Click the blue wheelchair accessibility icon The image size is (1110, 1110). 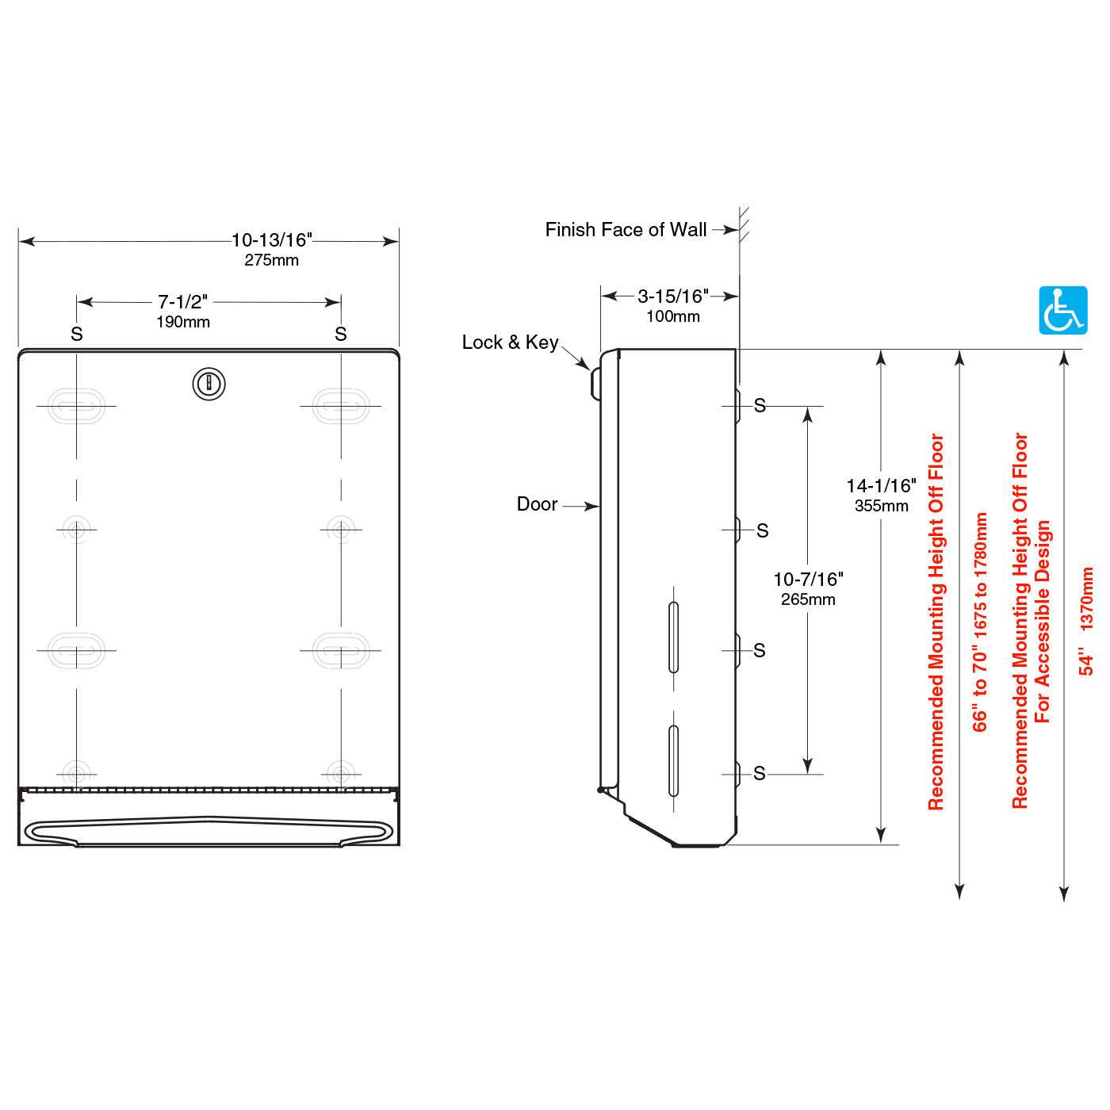[1062, 310]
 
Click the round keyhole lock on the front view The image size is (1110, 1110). [209, 385]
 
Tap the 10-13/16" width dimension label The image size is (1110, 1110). [271, 239]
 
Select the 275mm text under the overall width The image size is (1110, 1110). [271, 260]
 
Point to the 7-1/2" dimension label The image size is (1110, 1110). [182, 302]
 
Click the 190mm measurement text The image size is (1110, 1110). [182, 322]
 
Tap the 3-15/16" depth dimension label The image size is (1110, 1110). [672, 297]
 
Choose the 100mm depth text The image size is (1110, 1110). [672, 316]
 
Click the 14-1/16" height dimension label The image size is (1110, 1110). [881, 486]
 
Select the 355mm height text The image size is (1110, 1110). [881, 506]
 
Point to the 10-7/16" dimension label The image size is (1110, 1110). [808, 580]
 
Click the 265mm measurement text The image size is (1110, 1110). [808, 599]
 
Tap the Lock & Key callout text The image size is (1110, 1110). [510, 343]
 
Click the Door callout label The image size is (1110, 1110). [537, 504]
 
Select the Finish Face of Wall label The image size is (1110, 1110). [626, 230]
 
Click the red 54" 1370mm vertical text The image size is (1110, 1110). [1086, 622]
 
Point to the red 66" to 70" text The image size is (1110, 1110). [980, 622]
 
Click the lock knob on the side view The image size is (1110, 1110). [595, 384]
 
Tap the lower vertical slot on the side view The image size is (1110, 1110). [673, 760]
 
